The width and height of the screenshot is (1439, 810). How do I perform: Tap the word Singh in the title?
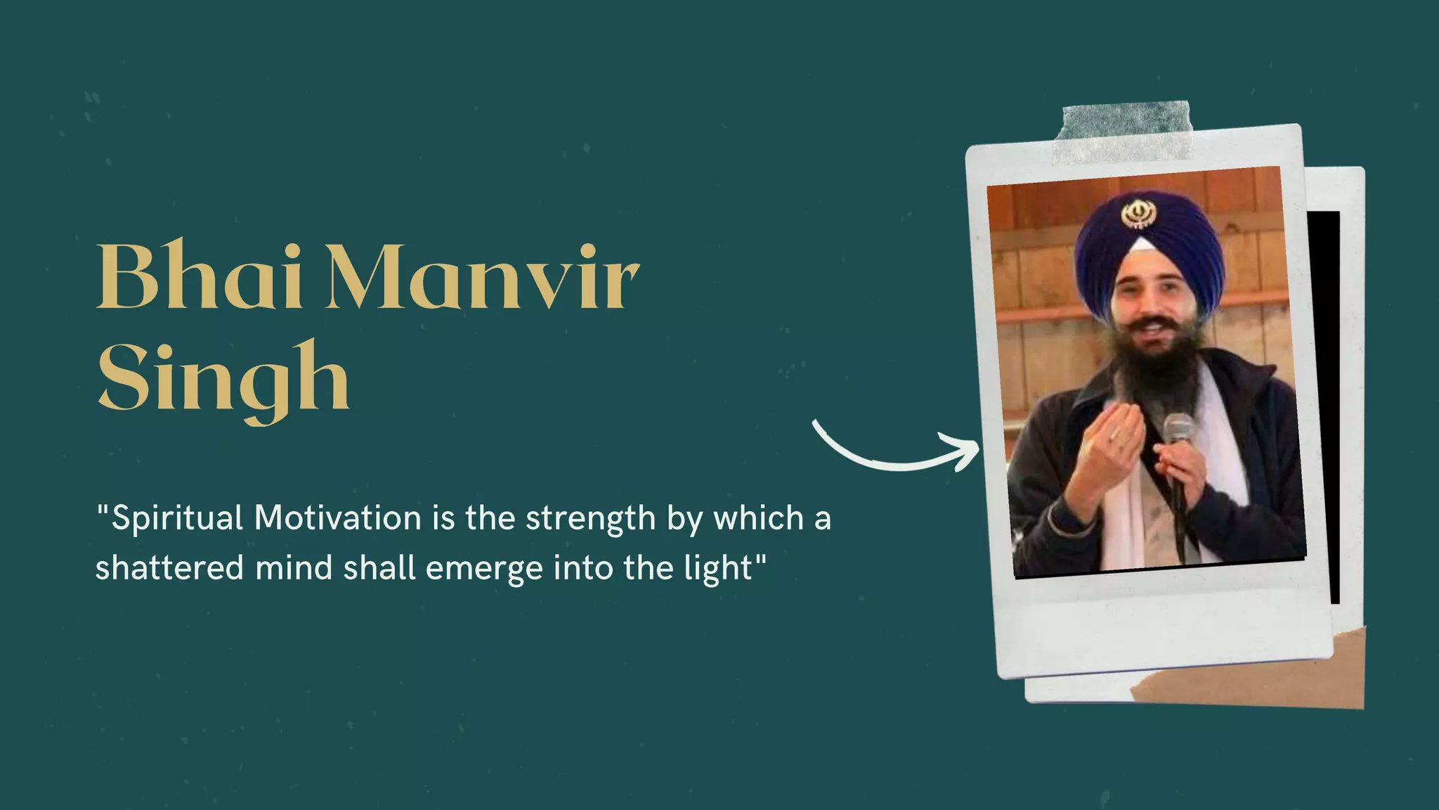point(223,380)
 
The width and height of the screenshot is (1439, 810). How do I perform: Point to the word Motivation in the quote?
point(337,518)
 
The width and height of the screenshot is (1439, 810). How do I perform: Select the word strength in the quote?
point(590,519)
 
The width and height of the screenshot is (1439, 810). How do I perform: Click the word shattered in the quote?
point(169,568)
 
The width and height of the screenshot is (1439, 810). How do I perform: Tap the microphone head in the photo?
point(1178,429)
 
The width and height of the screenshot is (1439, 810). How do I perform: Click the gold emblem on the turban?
point(1138,214)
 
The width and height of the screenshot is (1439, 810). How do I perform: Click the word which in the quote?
point(758,518)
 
